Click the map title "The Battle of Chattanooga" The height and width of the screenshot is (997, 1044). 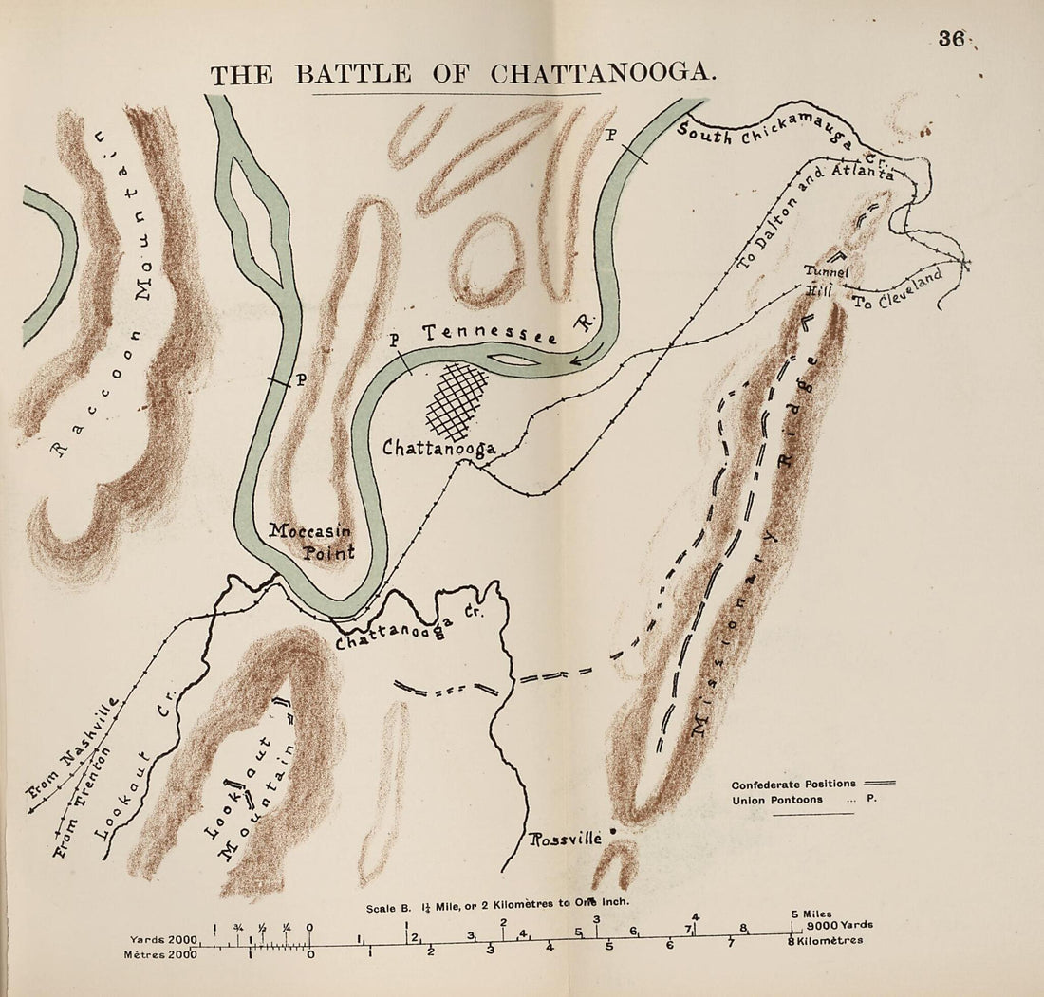462,74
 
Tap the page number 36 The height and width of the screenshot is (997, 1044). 951,39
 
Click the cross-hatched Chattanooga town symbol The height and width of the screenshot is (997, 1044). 457,400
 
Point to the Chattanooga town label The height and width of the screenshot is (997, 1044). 438,448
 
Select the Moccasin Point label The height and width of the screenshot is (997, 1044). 312,542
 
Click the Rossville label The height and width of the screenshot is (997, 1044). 566,839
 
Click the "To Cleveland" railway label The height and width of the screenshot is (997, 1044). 897,288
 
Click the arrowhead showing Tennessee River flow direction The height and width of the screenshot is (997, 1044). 577,360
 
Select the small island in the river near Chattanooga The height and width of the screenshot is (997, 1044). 512,360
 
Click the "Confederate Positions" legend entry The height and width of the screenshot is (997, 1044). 793,785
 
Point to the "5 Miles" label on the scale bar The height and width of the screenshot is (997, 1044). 811,914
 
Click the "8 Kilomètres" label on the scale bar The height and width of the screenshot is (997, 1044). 829,940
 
